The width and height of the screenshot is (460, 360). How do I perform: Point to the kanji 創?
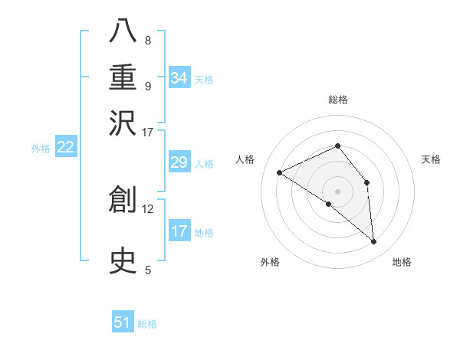[x=123, y=200]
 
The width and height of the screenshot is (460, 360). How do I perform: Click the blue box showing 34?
[x=179, y=78]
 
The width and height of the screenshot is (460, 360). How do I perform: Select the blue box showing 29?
[x=179, y=162]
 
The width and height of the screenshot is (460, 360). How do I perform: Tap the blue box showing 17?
[x=179, y=231]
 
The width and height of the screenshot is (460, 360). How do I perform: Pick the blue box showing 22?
[x=65, y=147]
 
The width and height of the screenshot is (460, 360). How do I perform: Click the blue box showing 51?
[x=123, y=322]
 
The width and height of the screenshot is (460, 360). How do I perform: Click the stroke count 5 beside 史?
[x=147, y=270]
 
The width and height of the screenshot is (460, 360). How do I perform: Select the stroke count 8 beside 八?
[x=147, y=40]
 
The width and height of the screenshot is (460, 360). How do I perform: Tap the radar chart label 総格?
[x=337, y=100]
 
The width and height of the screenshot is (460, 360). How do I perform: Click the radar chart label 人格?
[x=245, y=159]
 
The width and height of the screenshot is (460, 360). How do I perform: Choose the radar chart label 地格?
[x=402, y=262]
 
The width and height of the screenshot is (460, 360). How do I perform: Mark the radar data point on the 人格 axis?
[x=280, y=172]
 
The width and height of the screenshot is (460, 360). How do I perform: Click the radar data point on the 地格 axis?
[x=374, y=242]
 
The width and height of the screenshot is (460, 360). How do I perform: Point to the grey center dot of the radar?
[x=337, y=191]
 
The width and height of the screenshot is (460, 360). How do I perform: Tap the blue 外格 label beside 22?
[x=41, y=149]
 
